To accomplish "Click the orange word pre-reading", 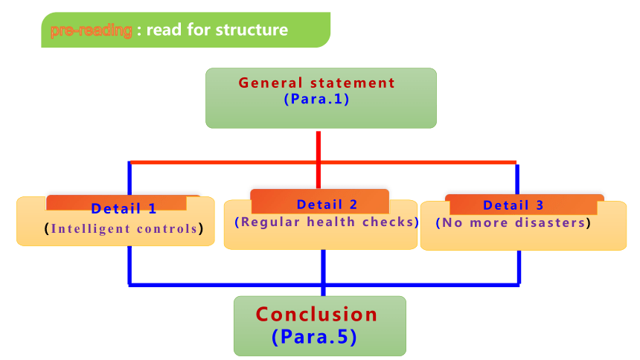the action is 91,30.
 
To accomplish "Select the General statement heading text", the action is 317,83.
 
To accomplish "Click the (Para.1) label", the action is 317,99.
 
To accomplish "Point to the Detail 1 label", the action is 124,208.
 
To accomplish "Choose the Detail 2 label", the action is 327,205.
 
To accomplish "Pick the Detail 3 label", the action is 513,205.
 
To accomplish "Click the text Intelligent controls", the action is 124,228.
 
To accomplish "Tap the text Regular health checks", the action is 327,222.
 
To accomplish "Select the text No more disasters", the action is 513,223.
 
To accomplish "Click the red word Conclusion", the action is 316,315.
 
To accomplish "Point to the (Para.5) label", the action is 314,337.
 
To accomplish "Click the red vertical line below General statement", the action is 319,160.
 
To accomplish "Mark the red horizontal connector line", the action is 323,162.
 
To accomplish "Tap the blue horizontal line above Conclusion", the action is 324,285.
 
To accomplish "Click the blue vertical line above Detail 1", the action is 129,179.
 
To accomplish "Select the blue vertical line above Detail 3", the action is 517,179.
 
